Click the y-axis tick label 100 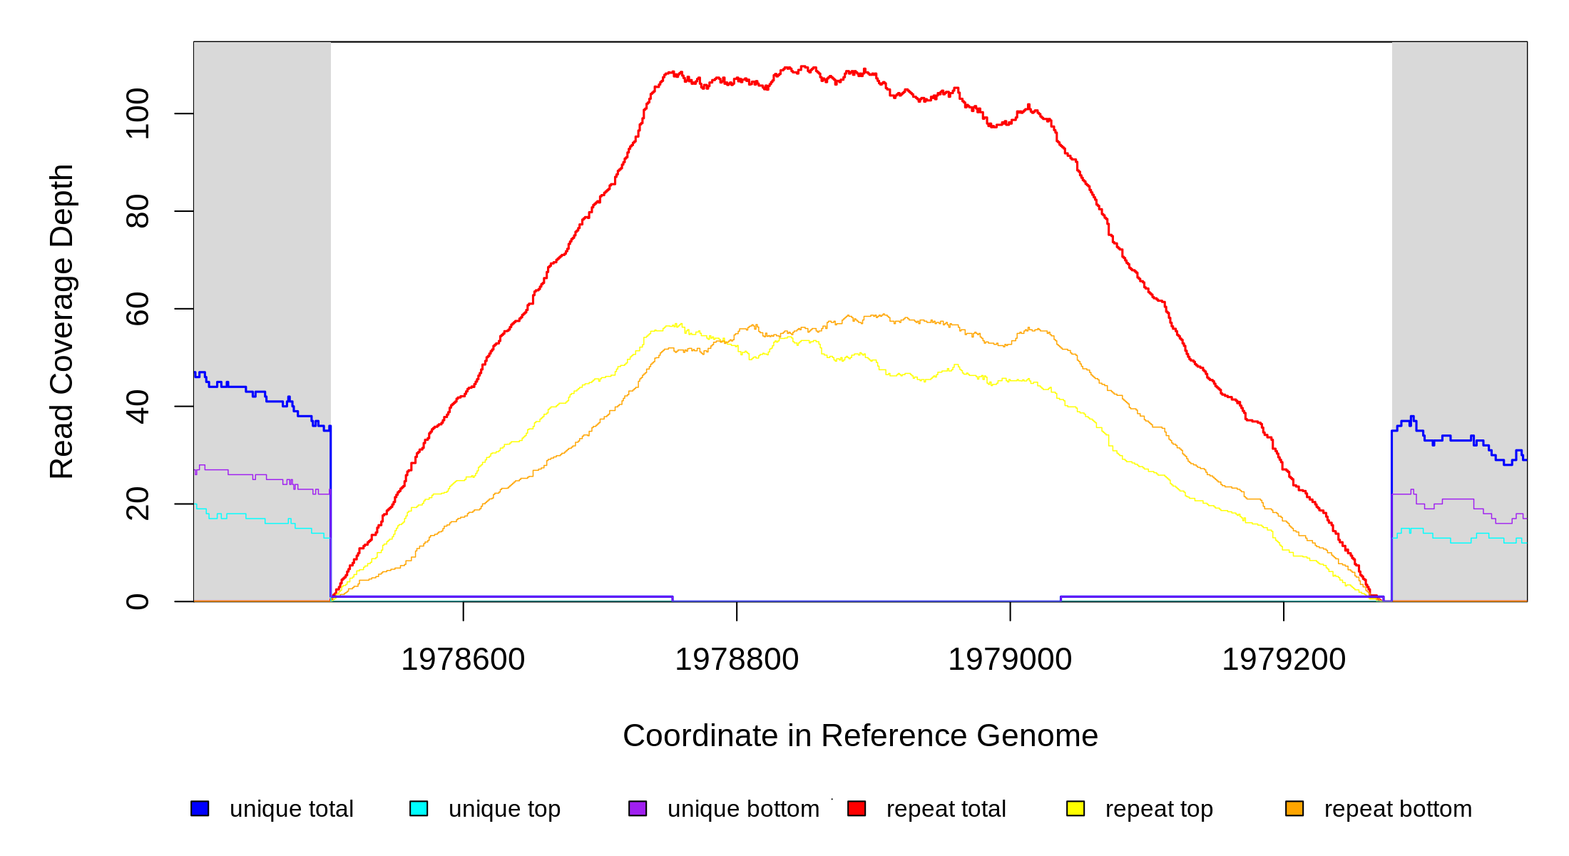tap(138, 113)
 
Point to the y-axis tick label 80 tap(138, 211)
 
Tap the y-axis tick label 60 tap(138, 309)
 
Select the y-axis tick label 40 tap(138, 407)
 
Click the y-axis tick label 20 tap(138, 504)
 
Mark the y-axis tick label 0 tap(138, 601)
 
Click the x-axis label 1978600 tap(463, 660)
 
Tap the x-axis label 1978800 tap(737, 660)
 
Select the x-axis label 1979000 tap(1010, 660)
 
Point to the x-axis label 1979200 tap(1284, 660)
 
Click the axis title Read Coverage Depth tap(62, 321)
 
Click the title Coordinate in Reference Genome tap(860, 736)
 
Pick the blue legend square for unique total tap(200, 808)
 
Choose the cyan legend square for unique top tap(419, 808)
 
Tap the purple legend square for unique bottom tap(638, 808)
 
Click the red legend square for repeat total tap(857, 808)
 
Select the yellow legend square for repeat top tap(1075, 808)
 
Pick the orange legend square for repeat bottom tap(1294, 808)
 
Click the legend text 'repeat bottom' tap(1398, 809)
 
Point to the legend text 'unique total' tap(292, 809)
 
